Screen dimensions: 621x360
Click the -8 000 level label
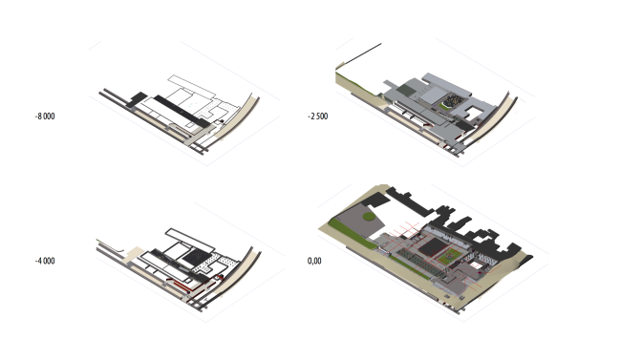(45, 116)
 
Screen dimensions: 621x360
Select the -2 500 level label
(317, 116)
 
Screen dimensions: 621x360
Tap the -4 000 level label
(45, 261)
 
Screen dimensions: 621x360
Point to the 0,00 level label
(314, 261)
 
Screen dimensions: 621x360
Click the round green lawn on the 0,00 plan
(369, 216)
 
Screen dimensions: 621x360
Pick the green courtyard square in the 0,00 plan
(449, 256)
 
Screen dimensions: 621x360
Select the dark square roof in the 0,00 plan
(434, 247)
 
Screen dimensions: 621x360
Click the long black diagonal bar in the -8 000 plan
(182, 112)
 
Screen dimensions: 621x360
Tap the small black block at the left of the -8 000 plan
(137, 99)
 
